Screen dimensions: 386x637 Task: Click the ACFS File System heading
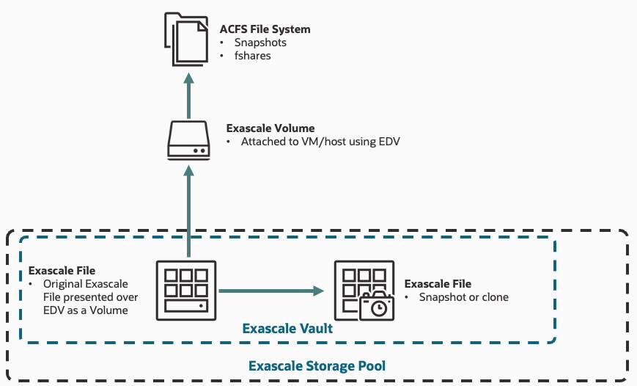coord(265,29)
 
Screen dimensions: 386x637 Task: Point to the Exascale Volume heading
coord(270,128)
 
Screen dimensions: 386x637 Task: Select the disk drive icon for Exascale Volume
coord(189,140)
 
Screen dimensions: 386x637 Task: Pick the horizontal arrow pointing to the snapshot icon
coord(271,291)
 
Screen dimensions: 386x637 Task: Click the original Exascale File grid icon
coord(186,290)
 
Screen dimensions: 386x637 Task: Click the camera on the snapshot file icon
coord(377,307)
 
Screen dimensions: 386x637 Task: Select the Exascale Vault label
coord(287,329)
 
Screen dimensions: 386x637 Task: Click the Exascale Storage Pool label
coord(317,365)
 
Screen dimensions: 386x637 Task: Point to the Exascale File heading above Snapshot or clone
coord(438,284)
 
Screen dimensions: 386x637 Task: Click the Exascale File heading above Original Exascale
coord(62,271)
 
